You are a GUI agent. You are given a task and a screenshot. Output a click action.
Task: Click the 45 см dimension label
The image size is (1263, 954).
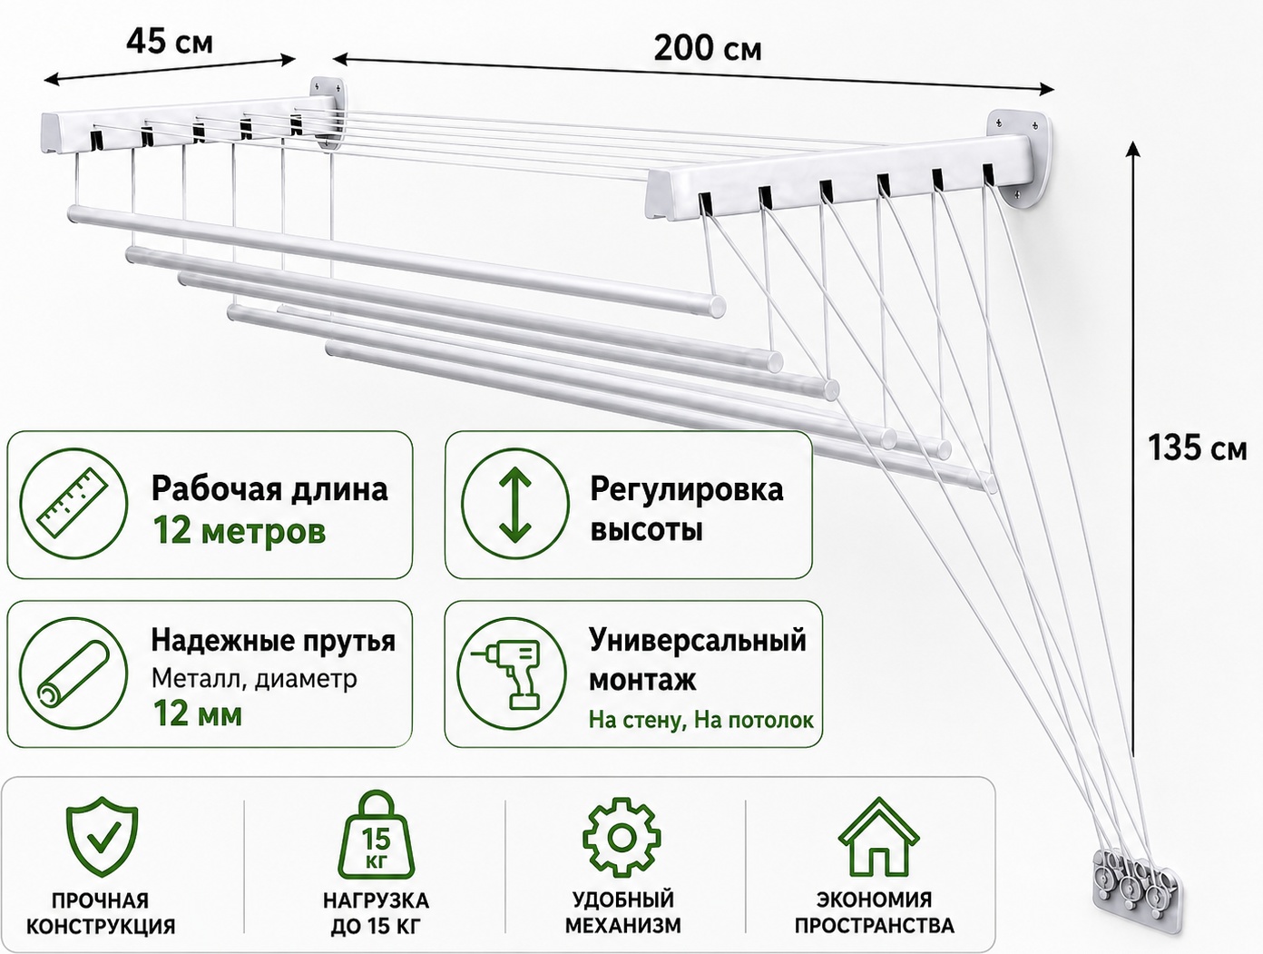coord(169,42)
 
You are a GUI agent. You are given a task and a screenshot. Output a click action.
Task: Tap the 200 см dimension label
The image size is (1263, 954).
coord(707,48)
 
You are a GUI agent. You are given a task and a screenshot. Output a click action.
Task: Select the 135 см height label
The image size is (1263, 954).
coord(1198,447)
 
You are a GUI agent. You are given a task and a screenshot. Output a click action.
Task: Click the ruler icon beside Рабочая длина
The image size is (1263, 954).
coord(73,504)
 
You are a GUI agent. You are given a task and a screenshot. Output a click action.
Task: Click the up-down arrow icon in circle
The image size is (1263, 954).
coord(515,504)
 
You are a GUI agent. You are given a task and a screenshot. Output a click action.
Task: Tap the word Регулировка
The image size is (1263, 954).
coord(687,490)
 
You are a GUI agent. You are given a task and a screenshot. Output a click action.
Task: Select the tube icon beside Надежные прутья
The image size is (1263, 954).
coord(73,674)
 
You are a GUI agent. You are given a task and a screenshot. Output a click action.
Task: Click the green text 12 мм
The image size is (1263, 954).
coord(198,714)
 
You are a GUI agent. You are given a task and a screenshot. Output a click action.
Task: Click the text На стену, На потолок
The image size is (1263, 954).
coord(700,720)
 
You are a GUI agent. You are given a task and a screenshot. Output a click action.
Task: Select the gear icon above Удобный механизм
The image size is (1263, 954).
coord(622,837)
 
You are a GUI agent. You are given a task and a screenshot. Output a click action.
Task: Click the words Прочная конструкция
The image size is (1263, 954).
coord(102,913)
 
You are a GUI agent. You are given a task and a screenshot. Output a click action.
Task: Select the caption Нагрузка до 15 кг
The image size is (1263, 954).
coord(377,913)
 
